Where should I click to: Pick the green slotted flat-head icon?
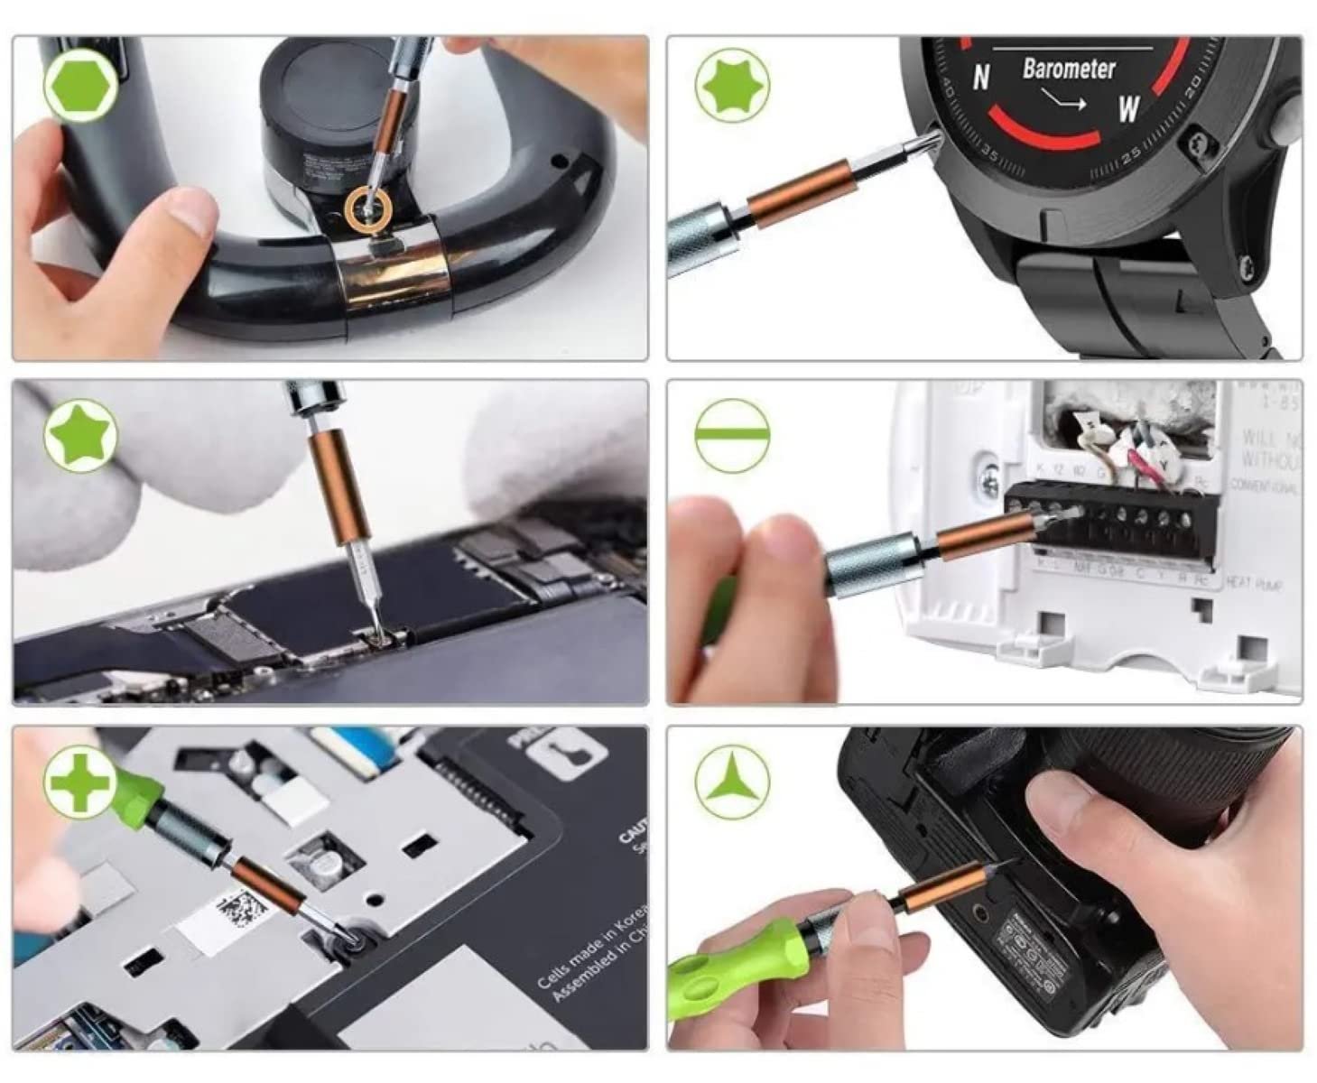(732, 435)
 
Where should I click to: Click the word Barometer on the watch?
(1068, 69)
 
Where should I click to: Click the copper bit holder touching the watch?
(798, 194)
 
